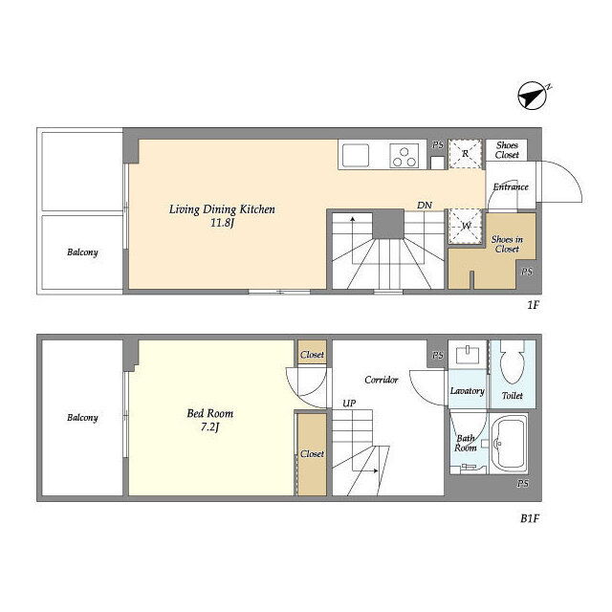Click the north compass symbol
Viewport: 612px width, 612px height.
(532, 96)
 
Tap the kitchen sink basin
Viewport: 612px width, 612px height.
(356, 155)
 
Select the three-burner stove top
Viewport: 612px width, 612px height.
(404, 156)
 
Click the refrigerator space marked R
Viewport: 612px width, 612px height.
(465, 154)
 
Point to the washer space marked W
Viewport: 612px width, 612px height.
(465, 227)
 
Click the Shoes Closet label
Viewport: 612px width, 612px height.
(507, 150)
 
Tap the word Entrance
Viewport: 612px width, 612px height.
(511, 187)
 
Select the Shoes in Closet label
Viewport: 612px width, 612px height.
(507, 244)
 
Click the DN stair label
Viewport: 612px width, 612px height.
(425, 205)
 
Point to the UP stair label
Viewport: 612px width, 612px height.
(349, 404)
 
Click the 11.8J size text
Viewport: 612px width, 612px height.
(223, 223)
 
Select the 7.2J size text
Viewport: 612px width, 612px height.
(210, 427)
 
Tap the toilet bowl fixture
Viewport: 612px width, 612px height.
(512, 361)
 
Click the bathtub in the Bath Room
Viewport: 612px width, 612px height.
(509, 444)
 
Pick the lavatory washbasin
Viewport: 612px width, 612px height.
(468, 355)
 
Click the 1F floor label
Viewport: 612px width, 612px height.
(534, 305)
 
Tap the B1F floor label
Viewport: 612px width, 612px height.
(530, 518)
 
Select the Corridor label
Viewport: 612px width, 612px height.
(382, 380)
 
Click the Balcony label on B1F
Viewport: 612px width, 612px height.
(82, 418)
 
